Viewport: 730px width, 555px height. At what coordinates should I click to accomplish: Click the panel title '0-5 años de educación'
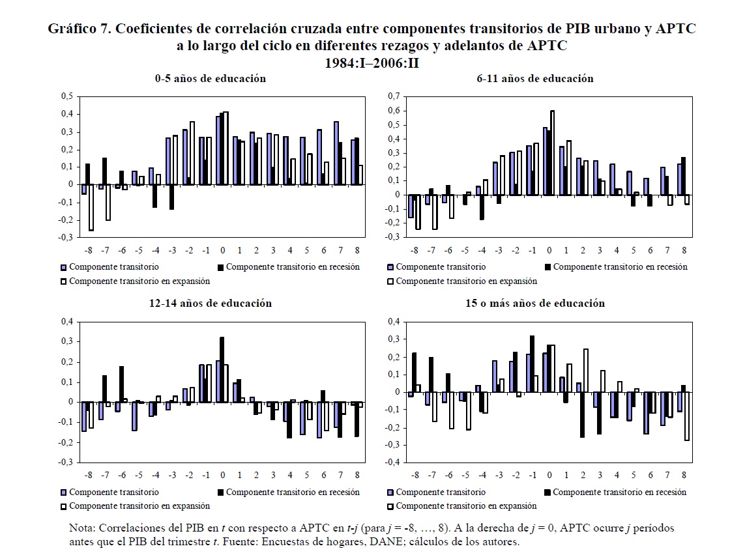(x=210, y=78)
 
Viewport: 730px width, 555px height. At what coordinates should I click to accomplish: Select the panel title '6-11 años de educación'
(x=534, y=78)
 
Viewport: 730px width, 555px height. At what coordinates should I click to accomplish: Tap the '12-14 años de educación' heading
(x=210, y=304)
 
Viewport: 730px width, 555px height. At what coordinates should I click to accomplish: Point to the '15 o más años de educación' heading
(x=534, y=304)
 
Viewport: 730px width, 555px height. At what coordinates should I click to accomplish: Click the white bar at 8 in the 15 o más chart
(x=687, y=416)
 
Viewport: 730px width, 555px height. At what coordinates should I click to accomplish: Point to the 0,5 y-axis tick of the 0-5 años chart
(x=66, y=96)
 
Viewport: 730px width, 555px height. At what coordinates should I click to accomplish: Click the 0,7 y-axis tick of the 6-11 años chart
(x=392, y=96)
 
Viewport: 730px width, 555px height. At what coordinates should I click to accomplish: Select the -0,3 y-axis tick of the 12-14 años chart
(x=65, y=462)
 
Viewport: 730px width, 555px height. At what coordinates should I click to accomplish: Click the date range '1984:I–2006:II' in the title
(x=371, y=63)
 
